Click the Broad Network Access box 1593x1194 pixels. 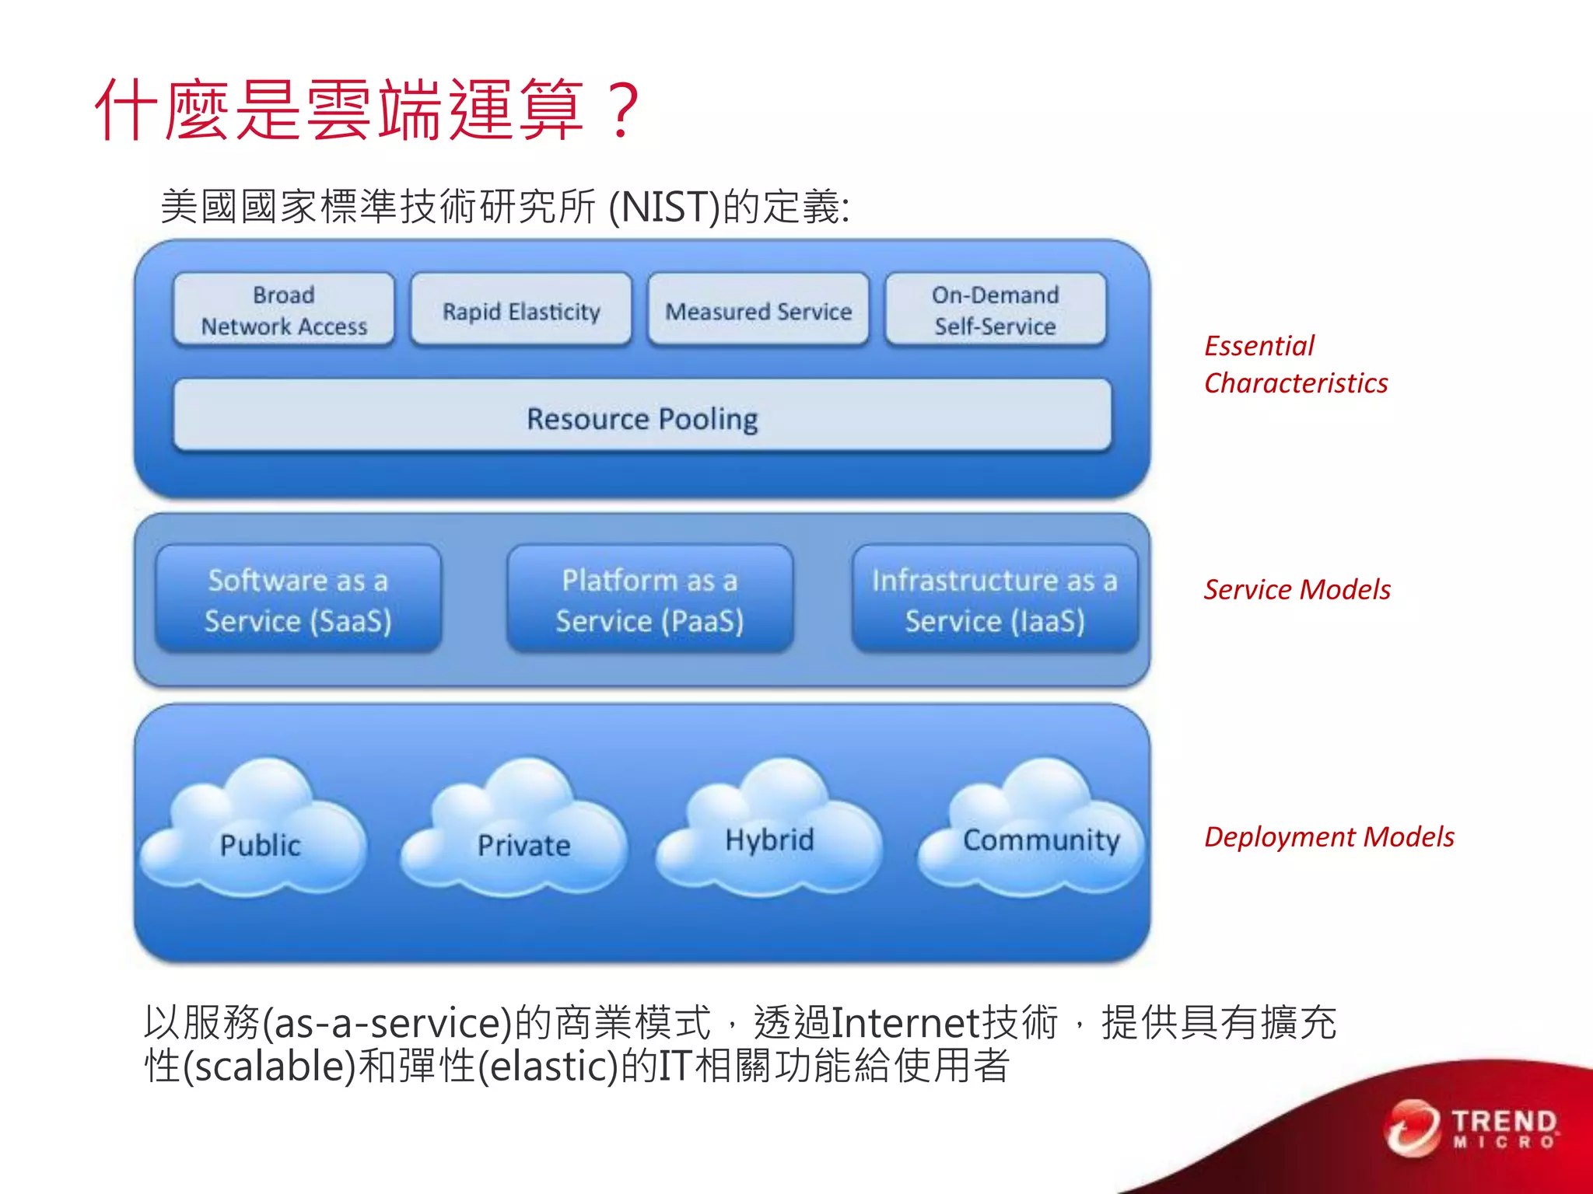(284, 310)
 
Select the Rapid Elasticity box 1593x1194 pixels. (521, 310)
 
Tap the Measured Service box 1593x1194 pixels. (758, 310)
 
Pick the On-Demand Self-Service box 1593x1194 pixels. (995, 310)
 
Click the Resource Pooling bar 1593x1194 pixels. (642, 417)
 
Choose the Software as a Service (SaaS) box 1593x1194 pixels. (298, 599)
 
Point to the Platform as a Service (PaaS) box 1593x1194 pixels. (649, 599)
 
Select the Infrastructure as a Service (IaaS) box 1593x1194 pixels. (994, 599)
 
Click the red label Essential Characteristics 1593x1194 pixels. (1295, 364)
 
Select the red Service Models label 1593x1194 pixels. (1297, 589)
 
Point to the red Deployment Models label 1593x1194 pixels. (1329, 836)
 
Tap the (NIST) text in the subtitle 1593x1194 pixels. (664, 208)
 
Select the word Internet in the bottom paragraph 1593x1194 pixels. (905, 1022)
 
